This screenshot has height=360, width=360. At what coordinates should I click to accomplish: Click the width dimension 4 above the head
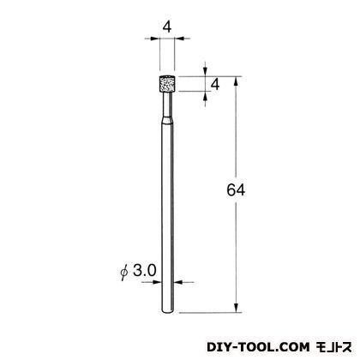click(167, 27)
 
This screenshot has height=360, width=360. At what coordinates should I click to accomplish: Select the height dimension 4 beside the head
click(215, 85)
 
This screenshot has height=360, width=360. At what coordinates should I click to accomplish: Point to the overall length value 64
click(236, 190)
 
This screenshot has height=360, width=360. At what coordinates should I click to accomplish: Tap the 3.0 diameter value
click(145, 271)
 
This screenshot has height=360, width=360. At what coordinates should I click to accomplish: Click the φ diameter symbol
click(124, 272)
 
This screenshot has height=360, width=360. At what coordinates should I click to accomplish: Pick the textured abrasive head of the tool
click(167, 83)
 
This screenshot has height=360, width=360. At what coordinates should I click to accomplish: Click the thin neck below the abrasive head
click(167, 104)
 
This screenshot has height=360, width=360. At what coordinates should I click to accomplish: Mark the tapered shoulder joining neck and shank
click(167, 120)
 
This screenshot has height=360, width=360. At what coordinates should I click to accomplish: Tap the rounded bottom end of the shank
click(167, 311)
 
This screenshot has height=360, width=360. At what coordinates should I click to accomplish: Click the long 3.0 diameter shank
click(167, 217)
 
